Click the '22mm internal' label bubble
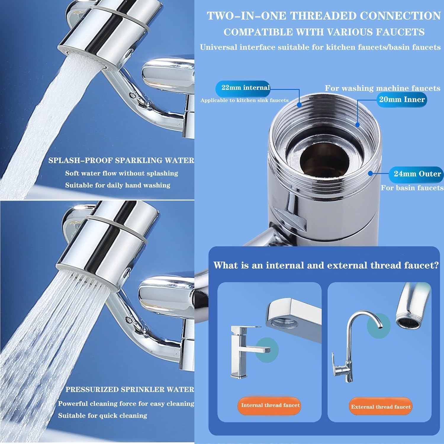coord(245,88)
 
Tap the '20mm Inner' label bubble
coord(402,99)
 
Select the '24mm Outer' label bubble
coord(417,174)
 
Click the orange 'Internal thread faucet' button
coord(270,405)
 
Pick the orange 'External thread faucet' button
coord(381,407)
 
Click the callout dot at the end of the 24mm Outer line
coord(370,173)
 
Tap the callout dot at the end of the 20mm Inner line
coord(358,125)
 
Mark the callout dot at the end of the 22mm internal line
coord(299,104)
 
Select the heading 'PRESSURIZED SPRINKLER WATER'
coord(130,389)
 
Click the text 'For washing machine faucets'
coord(382,88)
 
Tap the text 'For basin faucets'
coord(412,188)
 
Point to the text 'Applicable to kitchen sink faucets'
coord(244,100)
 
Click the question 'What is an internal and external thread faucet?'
coord(326,265)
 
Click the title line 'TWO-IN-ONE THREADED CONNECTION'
coord(324,16)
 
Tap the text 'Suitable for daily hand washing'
coord(118,185)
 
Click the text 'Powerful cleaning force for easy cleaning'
coord(126,403)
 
